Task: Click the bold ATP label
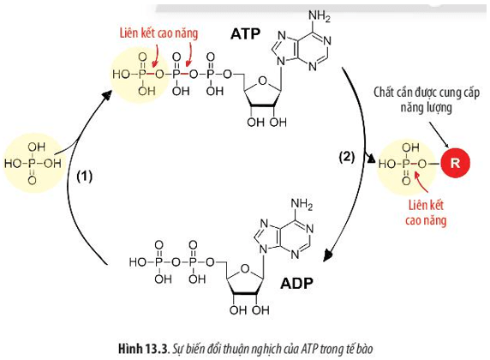[246, 33]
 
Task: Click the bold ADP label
[296, 284]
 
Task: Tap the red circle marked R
[455, 163]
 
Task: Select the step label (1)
[84, 177]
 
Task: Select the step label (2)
[347, 156]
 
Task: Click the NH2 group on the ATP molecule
[319, 16]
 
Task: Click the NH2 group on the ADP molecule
[302, 204]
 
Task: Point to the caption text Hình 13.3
[143, 348]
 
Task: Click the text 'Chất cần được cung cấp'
[427, 93]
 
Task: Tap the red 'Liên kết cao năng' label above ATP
[158, 33]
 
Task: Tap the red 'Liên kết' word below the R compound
[426, 205]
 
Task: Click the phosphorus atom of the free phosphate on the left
[33, 163]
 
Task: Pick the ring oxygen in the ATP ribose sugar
[263, 81]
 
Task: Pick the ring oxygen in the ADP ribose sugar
[245, 268]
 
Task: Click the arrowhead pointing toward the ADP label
[327, 255]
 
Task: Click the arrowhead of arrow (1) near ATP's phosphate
[107, 94]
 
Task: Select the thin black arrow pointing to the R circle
[439, 135]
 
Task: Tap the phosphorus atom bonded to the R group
[407, 163]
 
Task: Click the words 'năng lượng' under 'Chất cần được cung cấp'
[427, 108]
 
